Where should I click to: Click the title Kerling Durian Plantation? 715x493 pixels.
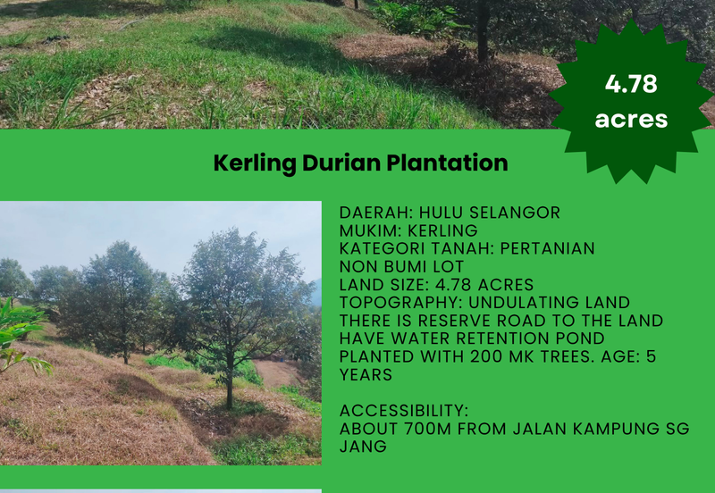tap(360, 163)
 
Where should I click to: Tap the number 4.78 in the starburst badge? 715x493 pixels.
tap(631, 85)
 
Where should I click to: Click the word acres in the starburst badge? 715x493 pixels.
tap(631, 119)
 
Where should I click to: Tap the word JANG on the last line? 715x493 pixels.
tap(363, 447)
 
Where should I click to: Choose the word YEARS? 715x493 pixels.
tap(366, 375)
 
